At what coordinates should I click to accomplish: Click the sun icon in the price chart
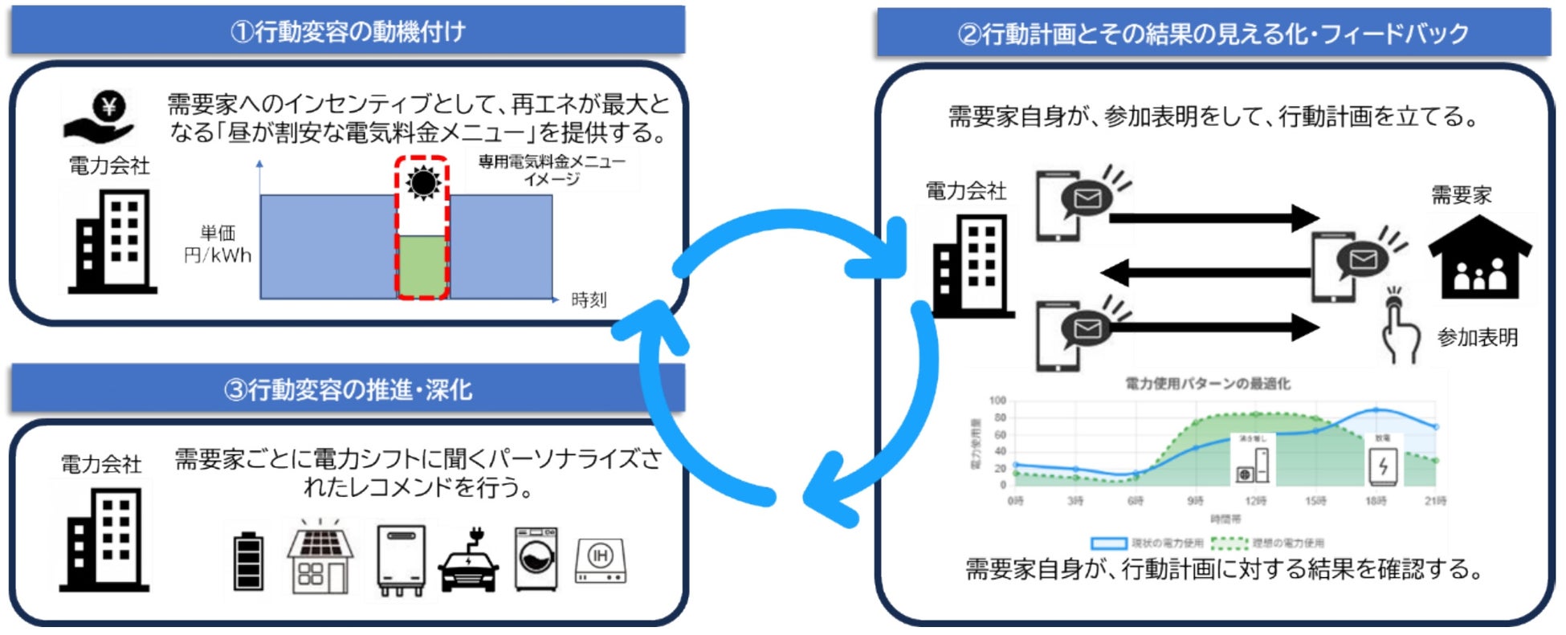pos(422,183)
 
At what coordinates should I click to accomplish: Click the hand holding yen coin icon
pos(99,117)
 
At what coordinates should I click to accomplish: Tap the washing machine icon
pos(536,560)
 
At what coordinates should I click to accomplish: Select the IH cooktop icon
pos(600,560)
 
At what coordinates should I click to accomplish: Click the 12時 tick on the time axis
pos(1255,501)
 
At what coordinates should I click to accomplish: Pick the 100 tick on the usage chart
pos(997,401)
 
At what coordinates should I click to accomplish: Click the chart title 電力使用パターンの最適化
pos(1207,384)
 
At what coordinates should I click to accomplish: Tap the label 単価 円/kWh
pos(218,244)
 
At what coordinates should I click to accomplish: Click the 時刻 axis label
pos(589,300)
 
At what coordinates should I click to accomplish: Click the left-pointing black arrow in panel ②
pos(1205,272)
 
